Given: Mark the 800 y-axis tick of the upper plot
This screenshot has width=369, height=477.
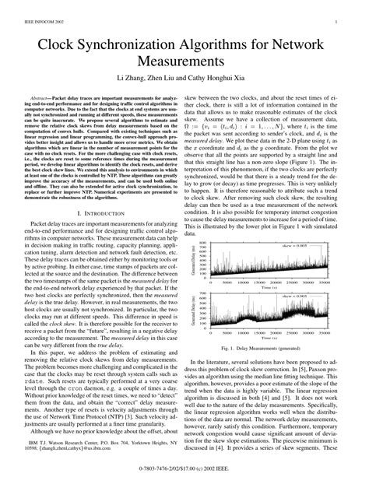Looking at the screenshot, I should pyautogui.click(x=203, y=242).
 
